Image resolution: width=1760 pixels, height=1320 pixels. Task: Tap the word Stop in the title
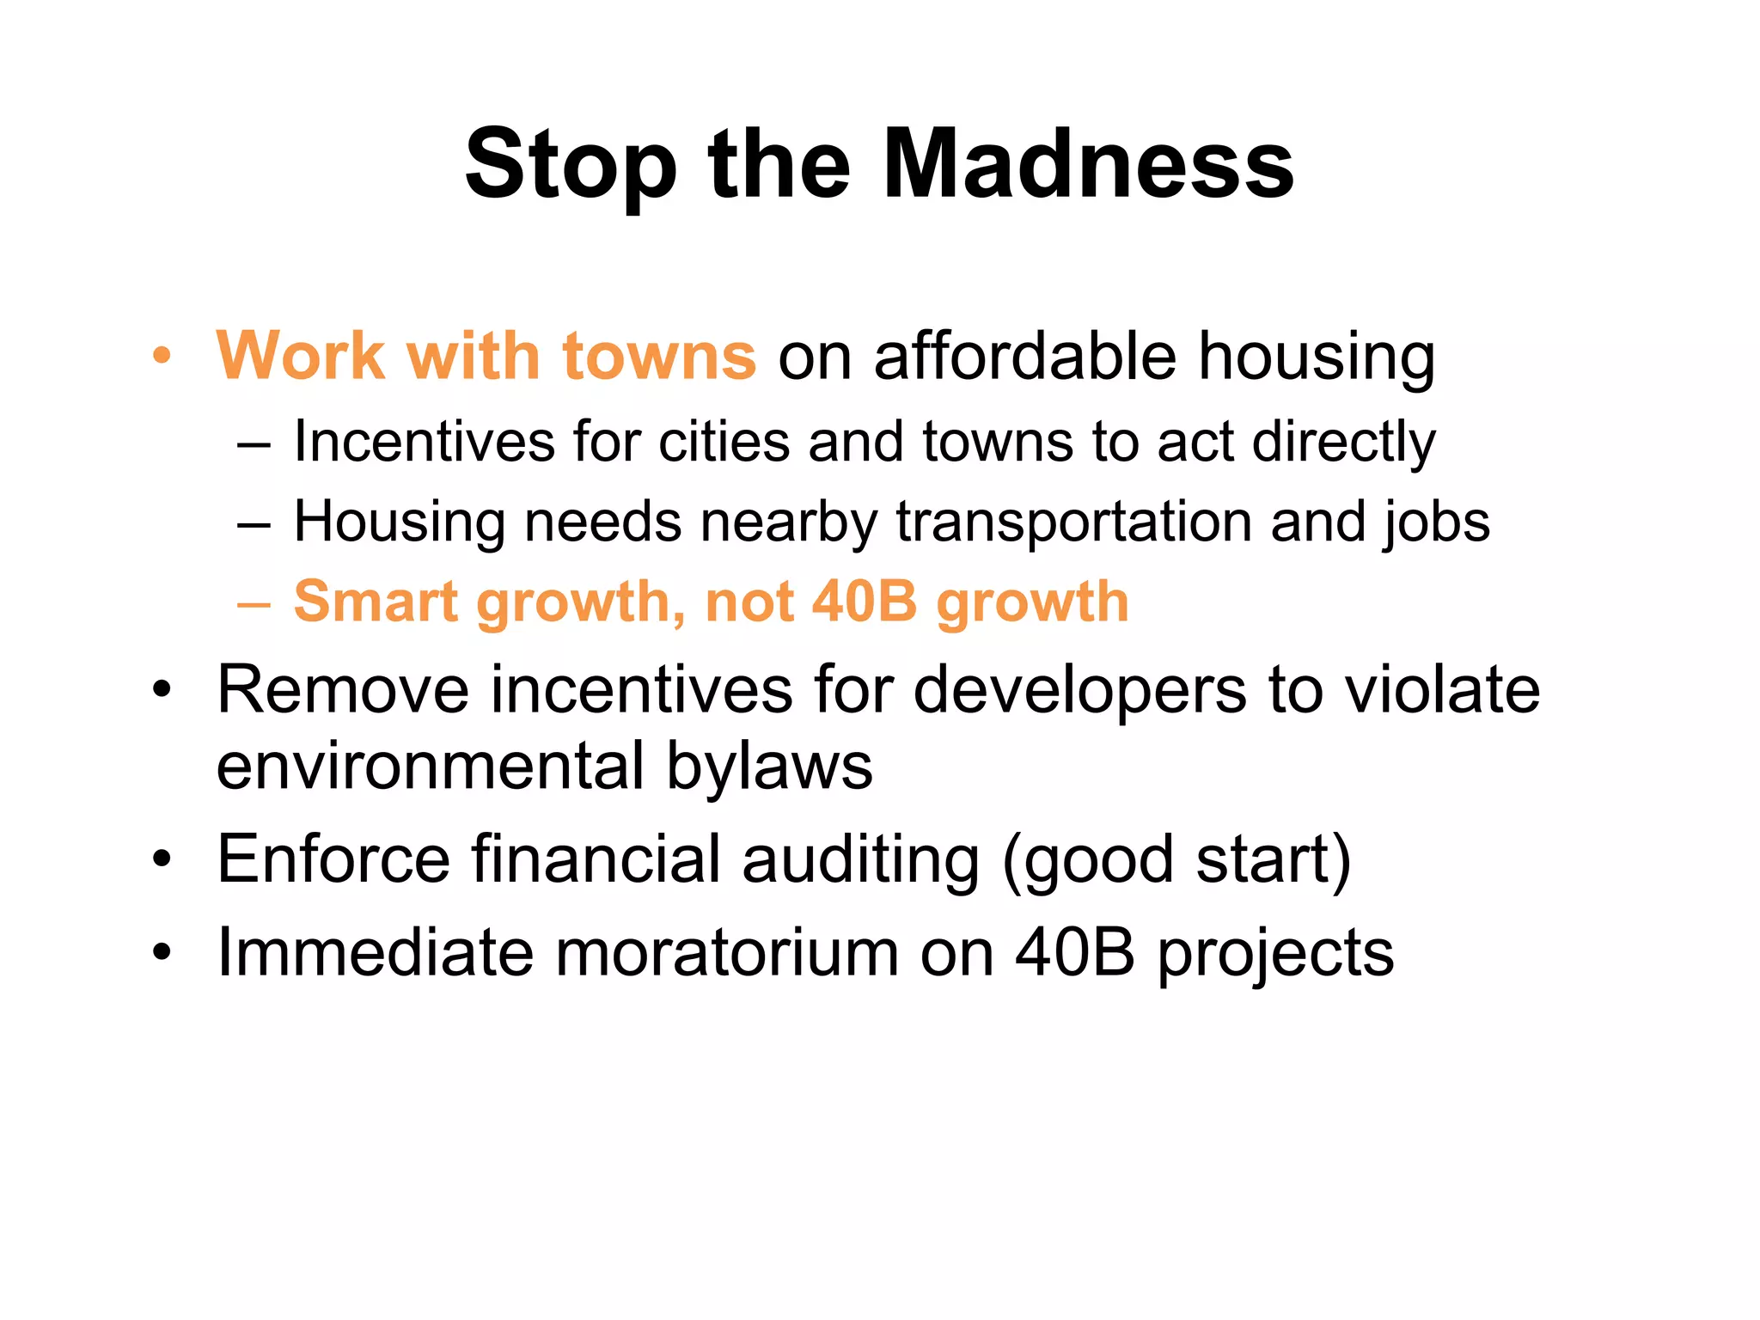(571, 165)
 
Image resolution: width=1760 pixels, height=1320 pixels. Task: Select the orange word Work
(300, 355)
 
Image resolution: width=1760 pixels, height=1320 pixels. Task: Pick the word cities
(724, 442)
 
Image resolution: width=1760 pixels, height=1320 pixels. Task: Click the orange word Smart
(376, 602)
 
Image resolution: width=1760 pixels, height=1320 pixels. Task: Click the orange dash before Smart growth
(254, 603)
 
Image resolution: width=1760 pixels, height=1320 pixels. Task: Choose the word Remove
(343, 689)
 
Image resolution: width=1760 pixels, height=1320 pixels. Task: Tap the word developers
(1079, 691)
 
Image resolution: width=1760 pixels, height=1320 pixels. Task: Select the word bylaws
(769, 767)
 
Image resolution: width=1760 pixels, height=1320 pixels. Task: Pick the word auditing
(859, 859)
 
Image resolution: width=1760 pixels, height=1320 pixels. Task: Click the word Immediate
(375, 952)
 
